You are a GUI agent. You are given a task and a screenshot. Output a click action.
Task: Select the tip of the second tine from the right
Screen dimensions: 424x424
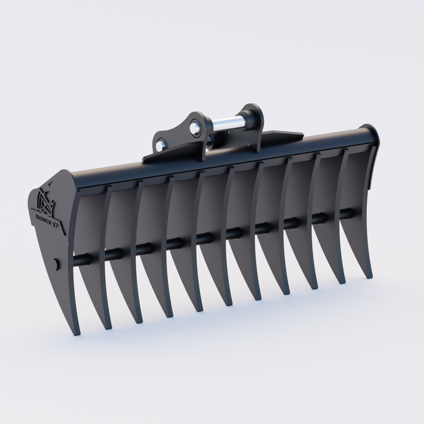(342, 283)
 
